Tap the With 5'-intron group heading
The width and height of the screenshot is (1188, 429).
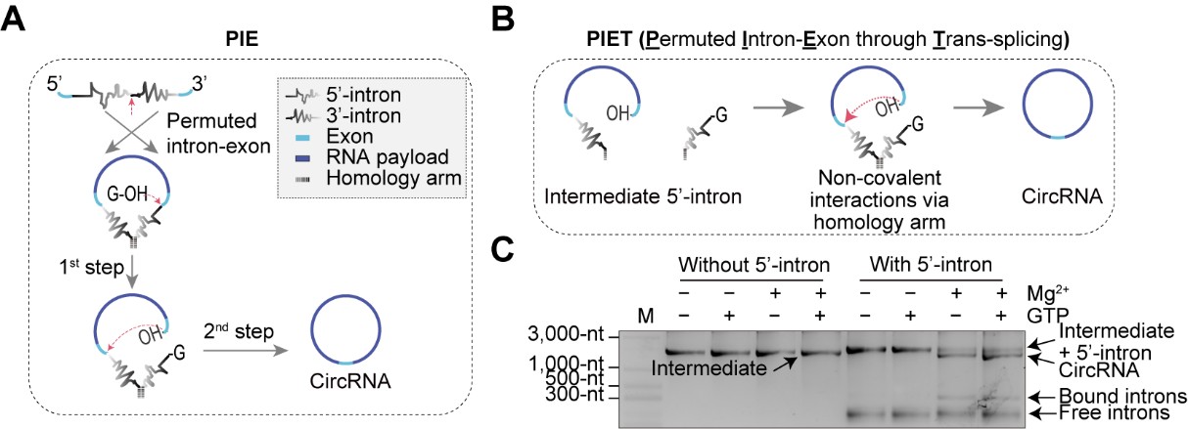(934, 263)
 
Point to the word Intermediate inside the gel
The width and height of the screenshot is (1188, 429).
(708, 370)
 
